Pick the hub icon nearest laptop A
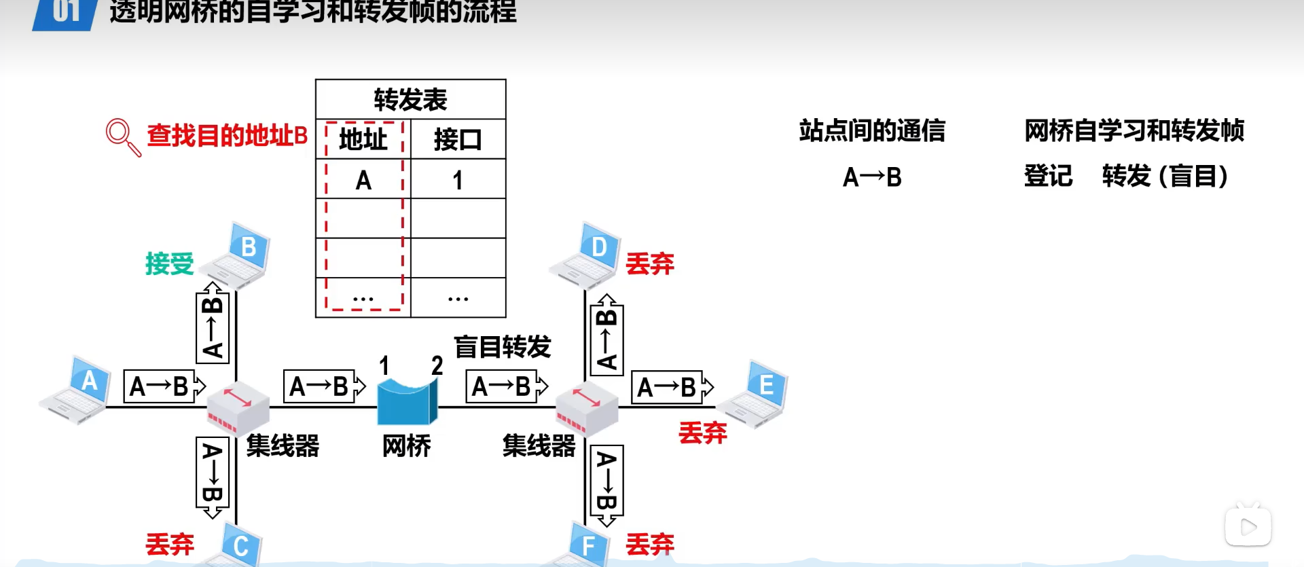click(x=237, y=408)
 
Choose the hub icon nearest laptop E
click(x=586, y=408)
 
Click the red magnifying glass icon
click(x=122, y=136)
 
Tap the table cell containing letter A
click(x=363, y=180)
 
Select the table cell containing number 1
click(x=458, y=180)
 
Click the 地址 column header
click(x=363, y=140)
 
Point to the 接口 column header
click(x=458, y=140)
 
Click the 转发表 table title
click(x=410, y=100)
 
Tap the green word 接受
click(x=169, y=263)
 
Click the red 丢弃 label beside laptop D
click(x=649, y=263)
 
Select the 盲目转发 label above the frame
click(x=502, y=347)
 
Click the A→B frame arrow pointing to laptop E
click(x=672, y=387)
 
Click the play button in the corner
click(x=1248, y=527)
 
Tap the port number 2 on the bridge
click(x=437, y=366)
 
